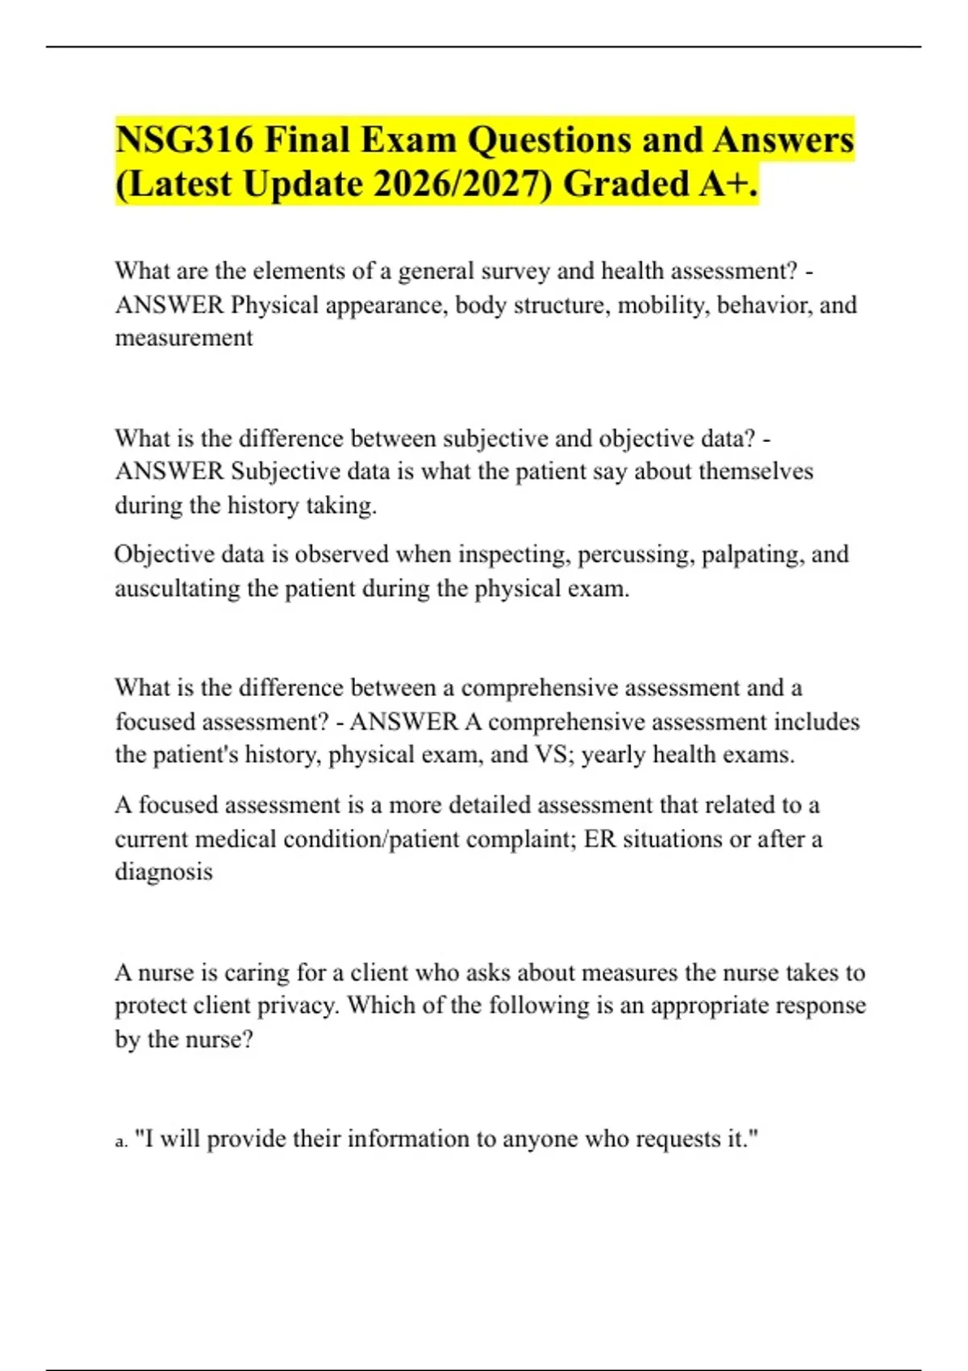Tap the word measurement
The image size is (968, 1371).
pyautogui.click(x=184, y=338)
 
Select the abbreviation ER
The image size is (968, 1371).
pyautogui.click(x=599, y=839)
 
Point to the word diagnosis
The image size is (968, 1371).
pyautogui.click(x=164, y=872)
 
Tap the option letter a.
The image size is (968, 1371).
pyautogui.click(x=120, y=1141)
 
